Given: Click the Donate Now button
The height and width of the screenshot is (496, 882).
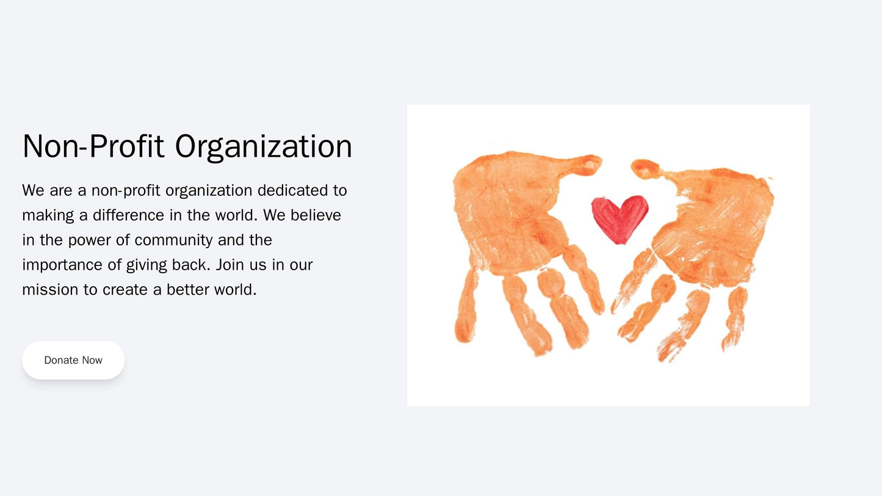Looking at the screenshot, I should (x=73, y=360).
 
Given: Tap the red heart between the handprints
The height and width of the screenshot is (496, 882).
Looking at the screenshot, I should (x=620, y=218).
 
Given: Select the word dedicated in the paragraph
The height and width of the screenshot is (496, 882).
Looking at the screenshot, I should (x=293, y=190).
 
